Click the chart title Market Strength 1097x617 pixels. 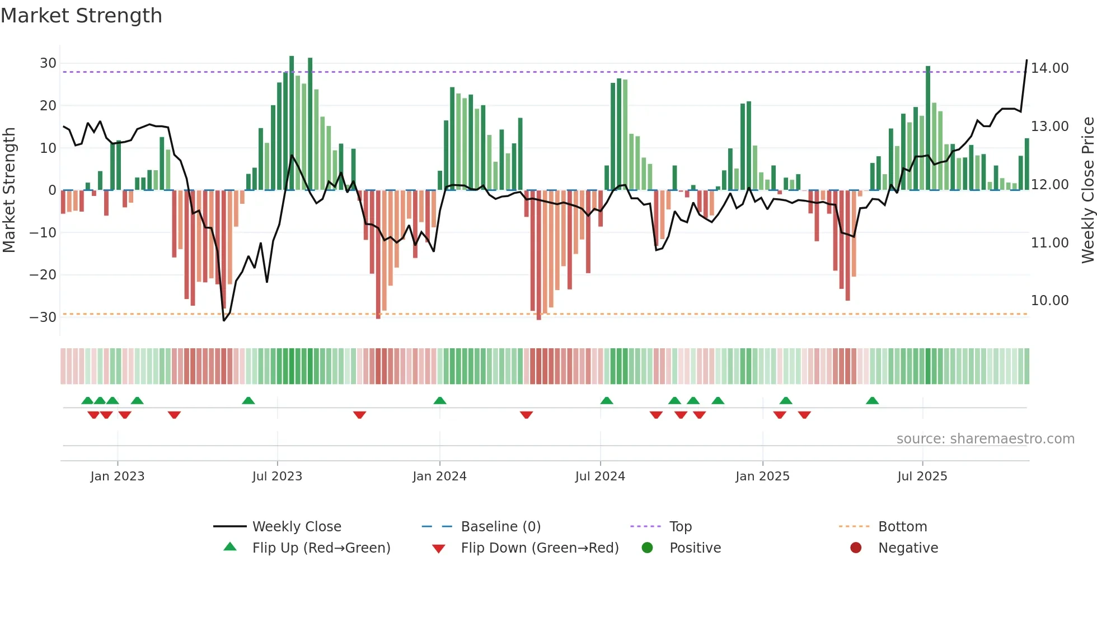81,16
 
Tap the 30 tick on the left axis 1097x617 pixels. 48,63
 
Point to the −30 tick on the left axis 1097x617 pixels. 43,317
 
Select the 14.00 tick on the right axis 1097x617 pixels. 1049,68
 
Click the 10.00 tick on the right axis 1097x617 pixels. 1049,301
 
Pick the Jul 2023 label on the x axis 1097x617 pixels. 277,476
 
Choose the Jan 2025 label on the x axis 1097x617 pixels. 762,476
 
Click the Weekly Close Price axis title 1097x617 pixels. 1087,190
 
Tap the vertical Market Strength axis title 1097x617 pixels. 9,190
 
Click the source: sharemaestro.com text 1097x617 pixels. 985,439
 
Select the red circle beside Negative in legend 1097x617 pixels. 855,548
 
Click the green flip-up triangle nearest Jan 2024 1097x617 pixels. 440,400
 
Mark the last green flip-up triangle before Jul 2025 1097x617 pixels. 872,400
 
